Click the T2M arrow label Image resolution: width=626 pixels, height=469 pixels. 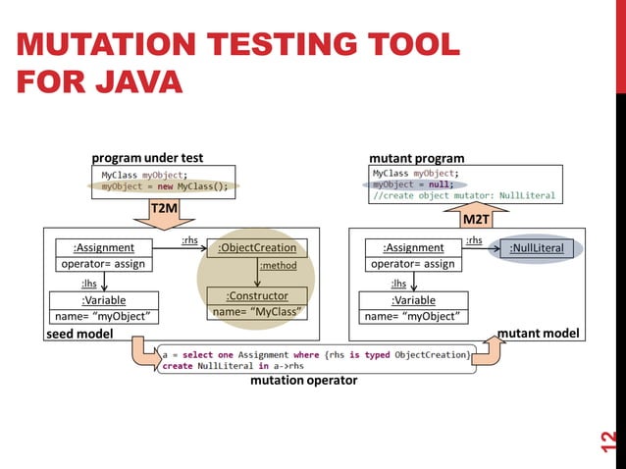(x=164, y=208)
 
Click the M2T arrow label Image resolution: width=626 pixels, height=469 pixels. (x=475, y=218)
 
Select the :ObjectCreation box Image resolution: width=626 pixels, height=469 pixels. (x=257, y=247)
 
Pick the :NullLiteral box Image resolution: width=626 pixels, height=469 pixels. (x=537, y=248)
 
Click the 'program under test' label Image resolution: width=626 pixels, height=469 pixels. (x=147, y=158)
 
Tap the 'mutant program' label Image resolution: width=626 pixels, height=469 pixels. (x=416, y=158)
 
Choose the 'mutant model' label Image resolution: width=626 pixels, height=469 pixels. (x=539, y=334)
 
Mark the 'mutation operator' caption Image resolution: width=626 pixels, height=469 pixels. (x=304, y=379)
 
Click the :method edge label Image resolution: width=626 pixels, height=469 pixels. (x=278, y=265)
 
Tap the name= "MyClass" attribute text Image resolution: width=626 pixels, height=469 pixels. (x=257, y=313)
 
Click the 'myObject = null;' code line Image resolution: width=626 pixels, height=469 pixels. (x=412, y=183)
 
